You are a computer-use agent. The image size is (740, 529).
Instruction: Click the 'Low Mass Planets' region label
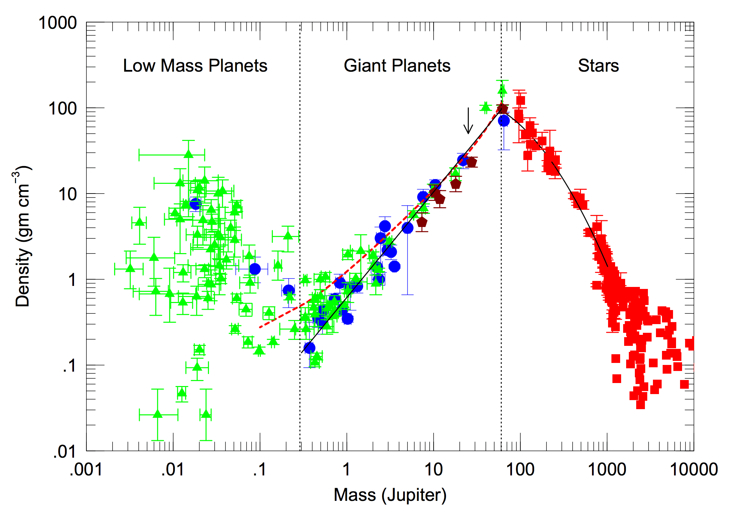point(195,66)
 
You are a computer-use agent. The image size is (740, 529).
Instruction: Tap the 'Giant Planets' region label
point(397,66)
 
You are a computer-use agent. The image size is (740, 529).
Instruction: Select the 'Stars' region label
point(598,66)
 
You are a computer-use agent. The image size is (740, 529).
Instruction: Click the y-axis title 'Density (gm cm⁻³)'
point(23,236)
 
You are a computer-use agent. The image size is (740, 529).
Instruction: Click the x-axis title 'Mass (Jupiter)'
point(390,495)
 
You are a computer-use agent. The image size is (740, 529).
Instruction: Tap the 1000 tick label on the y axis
point(58,23)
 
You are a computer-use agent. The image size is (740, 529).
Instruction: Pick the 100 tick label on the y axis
point(63,109)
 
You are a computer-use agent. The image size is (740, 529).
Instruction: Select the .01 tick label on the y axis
point(65,452)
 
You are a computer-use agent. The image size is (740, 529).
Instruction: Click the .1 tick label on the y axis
point(69,366)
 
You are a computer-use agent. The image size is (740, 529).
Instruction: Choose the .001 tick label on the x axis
point(86,469)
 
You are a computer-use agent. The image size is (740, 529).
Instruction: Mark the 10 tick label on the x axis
point(434,469)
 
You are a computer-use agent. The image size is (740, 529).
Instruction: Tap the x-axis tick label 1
point(347,469)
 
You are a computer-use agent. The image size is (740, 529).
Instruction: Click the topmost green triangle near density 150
point(502,90)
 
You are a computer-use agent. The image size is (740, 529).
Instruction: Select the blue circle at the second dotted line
point(504,121)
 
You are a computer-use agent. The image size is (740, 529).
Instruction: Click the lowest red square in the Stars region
point(640,404)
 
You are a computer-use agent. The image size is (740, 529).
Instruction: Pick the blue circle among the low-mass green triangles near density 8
point(195,204)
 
